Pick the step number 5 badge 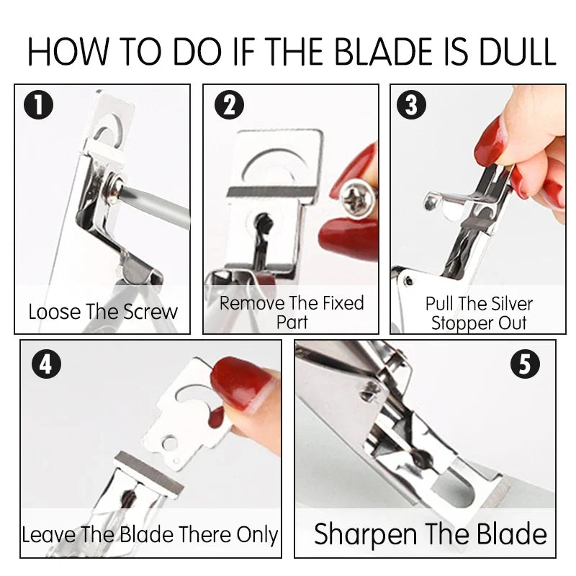coord(524,364)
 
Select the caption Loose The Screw coord(103,312)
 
